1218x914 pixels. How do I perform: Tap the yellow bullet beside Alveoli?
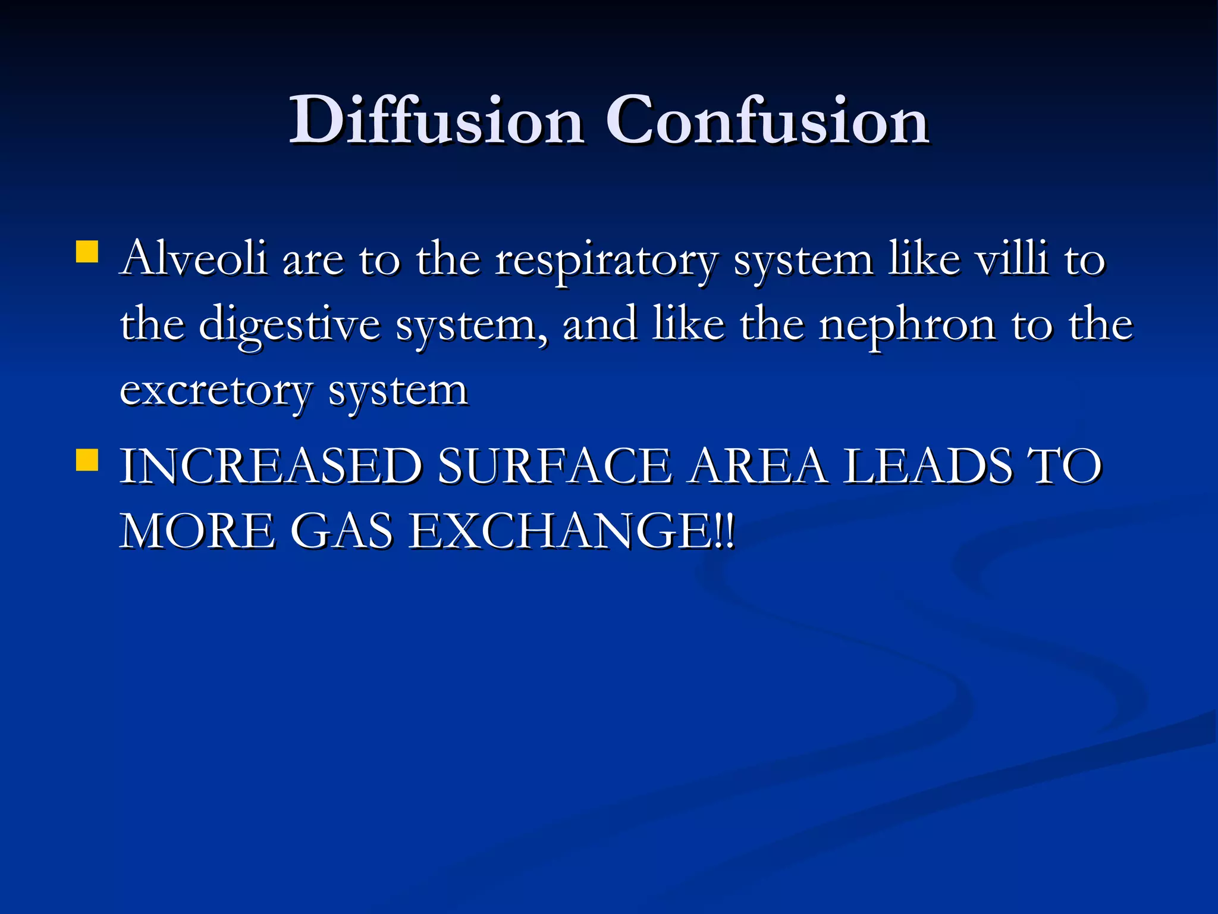click(87, 252)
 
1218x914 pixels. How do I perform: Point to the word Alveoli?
click(193, 259)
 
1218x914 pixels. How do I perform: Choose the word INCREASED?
click(271, 466)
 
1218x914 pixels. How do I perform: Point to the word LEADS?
click(928, 466)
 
